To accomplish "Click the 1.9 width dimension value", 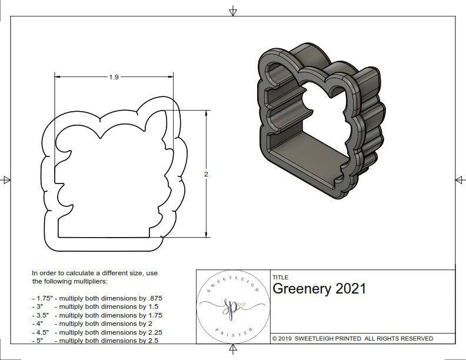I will click(x=114, y=77).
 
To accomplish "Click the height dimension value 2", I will click(x=207, y=174).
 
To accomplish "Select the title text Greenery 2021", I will click(x=319, y=288).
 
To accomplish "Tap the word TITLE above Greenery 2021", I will click(x=280, y=277).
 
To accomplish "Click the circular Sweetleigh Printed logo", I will click(x=232, y=306).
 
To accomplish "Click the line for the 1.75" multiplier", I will click(x=96, y=298).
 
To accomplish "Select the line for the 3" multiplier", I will click(x=94, y=306).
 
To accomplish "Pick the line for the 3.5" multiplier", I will click(x=96, y=315).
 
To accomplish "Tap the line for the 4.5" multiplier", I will click(x=96, y=332).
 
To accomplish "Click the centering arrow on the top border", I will click(x=233, y=11).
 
